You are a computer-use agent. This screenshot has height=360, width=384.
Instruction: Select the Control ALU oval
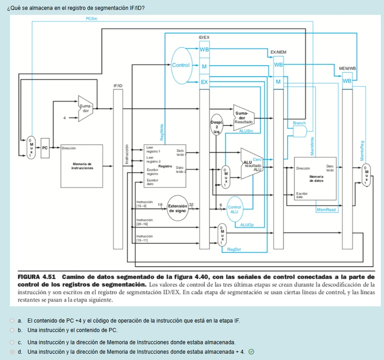point(234,209)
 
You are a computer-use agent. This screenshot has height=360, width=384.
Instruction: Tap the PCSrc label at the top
point(91,19)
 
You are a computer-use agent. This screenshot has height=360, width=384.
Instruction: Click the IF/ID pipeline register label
point(118,85)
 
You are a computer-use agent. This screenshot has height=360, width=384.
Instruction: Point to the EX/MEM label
point(278,53)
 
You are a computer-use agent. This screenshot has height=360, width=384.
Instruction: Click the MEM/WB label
point(347,68)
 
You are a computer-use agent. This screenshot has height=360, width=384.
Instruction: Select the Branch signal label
point(299,123)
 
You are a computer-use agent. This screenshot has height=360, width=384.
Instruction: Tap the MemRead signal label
point(326,210)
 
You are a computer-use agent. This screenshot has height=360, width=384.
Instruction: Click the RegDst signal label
point(234,250)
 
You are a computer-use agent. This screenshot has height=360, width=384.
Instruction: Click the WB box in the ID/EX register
point(204,49)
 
